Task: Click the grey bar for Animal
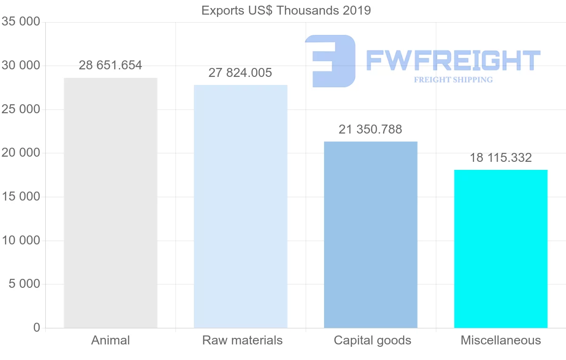click(110, 203)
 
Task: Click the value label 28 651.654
click(110, 66)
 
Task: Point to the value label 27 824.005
click(241, 73)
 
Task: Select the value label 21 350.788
click(371, 130)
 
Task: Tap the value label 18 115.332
click(500, 158)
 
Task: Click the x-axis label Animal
click(110, 340)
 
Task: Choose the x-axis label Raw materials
click(242, 340)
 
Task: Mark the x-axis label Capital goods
click(373, 340)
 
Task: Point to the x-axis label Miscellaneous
click(501, 340)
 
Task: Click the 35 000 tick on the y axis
click(21, 22)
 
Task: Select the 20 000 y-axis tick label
click(21, 153)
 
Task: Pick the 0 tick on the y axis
click(37, 328)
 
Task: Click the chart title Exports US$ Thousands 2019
click(286, 10)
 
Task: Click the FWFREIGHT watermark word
click(453, 60)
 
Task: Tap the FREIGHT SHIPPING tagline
click(453, 80)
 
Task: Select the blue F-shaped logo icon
click(330, 61)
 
